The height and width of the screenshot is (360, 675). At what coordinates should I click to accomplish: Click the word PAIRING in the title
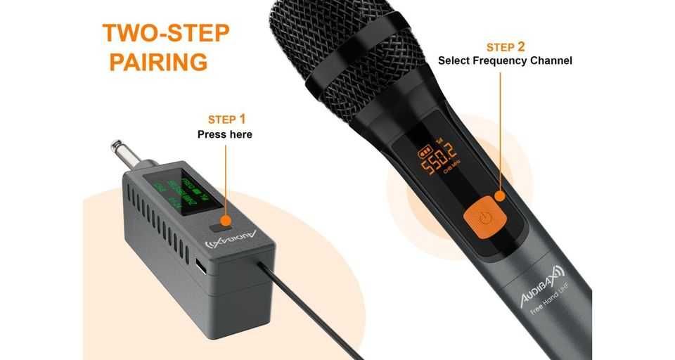158,61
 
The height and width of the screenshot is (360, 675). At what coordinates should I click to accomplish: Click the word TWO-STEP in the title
166,32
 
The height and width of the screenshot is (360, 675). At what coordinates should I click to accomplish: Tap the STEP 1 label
226,119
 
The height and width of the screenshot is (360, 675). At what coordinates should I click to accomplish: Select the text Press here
224,134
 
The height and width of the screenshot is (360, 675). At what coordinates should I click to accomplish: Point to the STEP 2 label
505,47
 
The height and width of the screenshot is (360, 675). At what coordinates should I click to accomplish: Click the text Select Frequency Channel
505,61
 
